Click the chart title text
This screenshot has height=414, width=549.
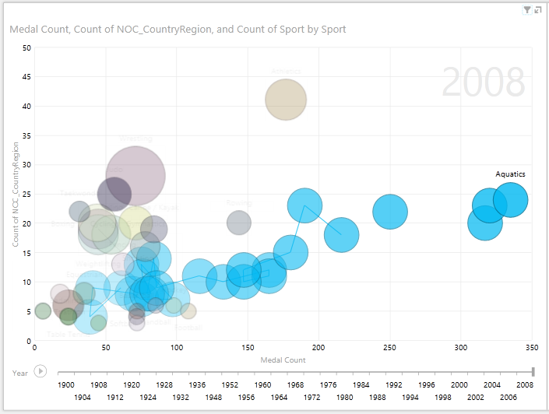pyautogui.click(x=177, y=29)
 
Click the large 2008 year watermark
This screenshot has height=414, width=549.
pyautogui.click(x=484, y=82)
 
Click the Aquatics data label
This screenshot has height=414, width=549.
pyautogui.click(x=510, y=174)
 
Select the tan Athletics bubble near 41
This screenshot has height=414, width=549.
pyautogui.click(x=286, y=100)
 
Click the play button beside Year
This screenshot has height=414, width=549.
pyautogui.click(x=40, y=373)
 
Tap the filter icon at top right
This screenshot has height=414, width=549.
pyautogui.click(x=527, y=9)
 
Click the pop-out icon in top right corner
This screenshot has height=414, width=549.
pyautogui.click(x=538, y=9)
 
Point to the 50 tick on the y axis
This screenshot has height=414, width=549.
pyautogui.click(x=26, y=47)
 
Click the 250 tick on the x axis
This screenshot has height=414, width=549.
pyautogui.click(x=389, y=348)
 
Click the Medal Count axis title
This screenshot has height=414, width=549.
pyautogui.click(x=283, y=360)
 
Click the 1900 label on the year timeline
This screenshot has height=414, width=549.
pyautogui.click(x=66, y=385)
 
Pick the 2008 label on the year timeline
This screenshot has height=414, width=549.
pyautogui.click(x=526, y=385)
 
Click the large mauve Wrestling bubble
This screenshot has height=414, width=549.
pyautogui.click(x=135, y=176)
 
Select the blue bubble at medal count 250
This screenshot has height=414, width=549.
pyautogui.click(x=390, y=212)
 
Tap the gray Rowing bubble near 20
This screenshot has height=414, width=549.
pyautogui.click(x=239, y=223)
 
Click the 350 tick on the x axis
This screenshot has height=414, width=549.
pyautogui.click(x=532, y=348)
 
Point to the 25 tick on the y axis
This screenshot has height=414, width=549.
pyautogui.click(x=26, y=194)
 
